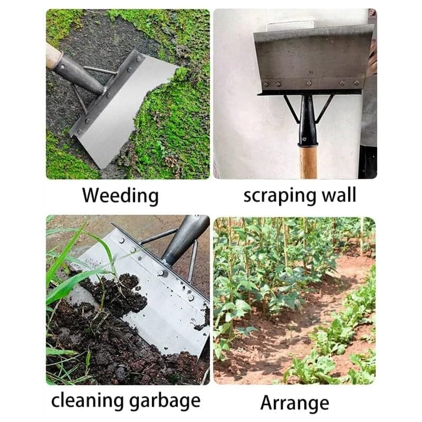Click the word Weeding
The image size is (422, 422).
pyautogui.click(x=120, y=196)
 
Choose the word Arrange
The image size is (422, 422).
pyautogui.click(x=294, y=402)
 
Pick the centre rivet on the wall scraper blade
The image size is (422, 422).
pyautogui.click(x=309, y=83)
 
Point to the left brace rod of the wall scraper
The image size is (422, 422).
pyautogui.click(x=292, y=109)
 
